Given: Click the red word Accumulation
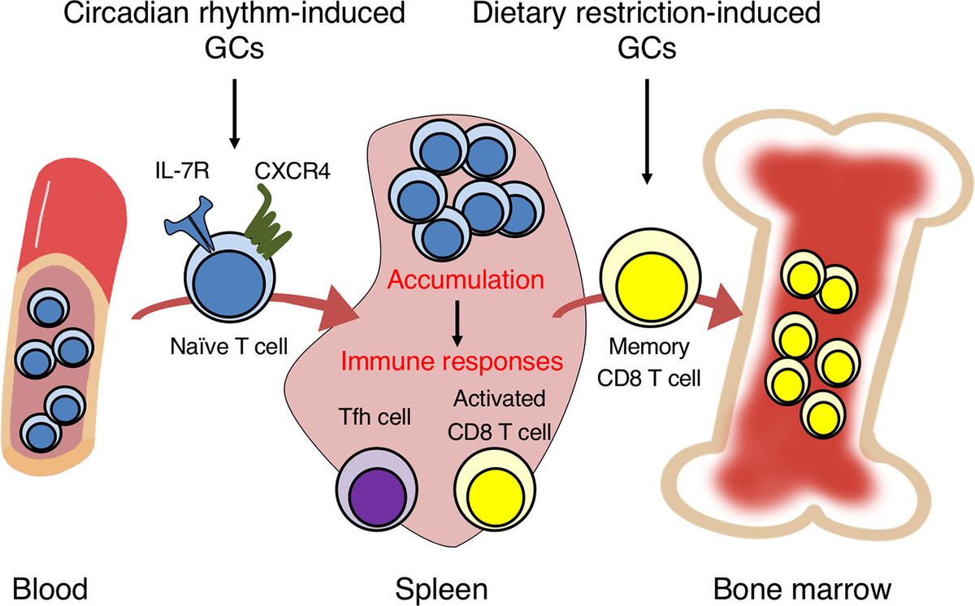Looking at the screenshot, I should point(466,281).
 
